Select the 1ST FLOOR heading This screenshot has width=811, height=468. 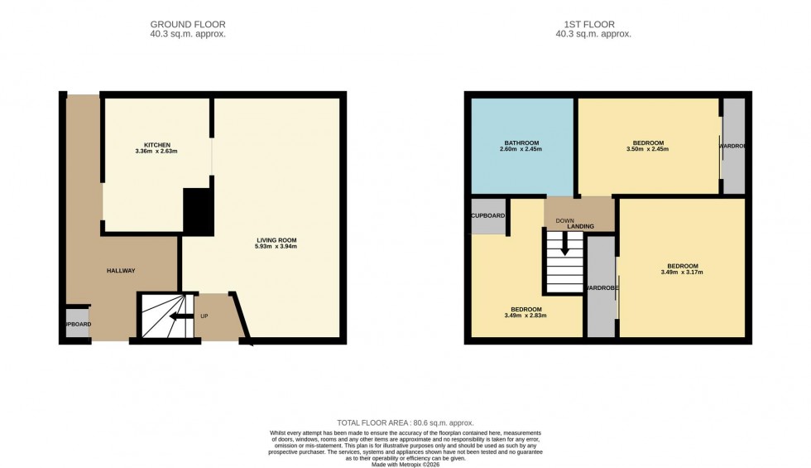click(593, 24)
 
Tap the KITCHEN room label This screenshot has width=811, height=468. click(156, 145)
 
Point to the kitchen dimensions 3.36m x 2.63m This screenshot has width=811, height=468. click(156, 152)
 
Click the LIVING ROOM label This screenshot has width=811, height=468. click(276, 240)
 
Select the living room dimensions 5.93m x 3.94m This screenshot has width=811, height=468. click(276, 247)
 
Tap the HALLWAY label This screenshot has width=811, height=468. click(121, 271)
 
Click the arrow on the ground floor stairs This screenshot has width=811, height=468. click(176, 316)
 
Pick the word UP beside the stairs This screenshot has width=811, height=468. click(204, 316)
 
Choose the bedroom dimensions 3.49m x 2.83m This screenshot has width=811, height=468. click(527, 315)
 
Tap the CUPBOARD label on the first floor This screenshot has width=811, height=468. click(487, 215)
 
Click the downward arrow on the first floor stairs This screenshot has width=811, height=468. click(565, 245)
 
